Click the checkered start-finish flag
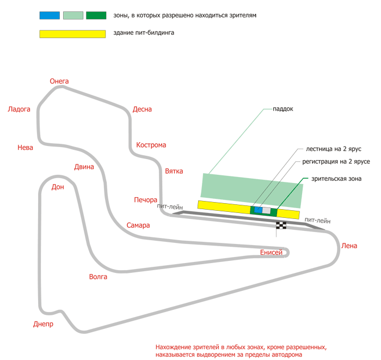click(281, 225)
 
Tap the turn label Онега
click(59, 81)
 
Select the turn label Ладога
click(19, 109)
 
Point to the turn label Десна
click(142, 109)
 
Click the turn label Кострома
click(151, 145)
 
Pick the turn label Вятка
click(174, 171)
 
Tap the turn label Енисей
click(271, 253)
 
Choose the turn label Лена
click(349, 246)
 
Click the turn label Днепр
click(43, 324)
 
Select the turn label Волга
click(98, 277)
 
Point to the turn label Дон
click(58, 187)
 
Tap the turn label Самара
click(138, 225)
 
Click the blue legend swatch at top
click(50, 15)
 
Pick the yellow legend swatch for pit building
click(72, 34)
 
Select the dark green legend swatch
click(96, 15)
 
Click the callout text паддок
click(283, 109)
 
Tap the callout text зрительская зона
click(336, 179)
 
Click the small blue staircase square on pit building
click(258, 210)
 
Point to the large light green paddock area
click(251, 191)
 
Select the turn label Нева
click(25, 148)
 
